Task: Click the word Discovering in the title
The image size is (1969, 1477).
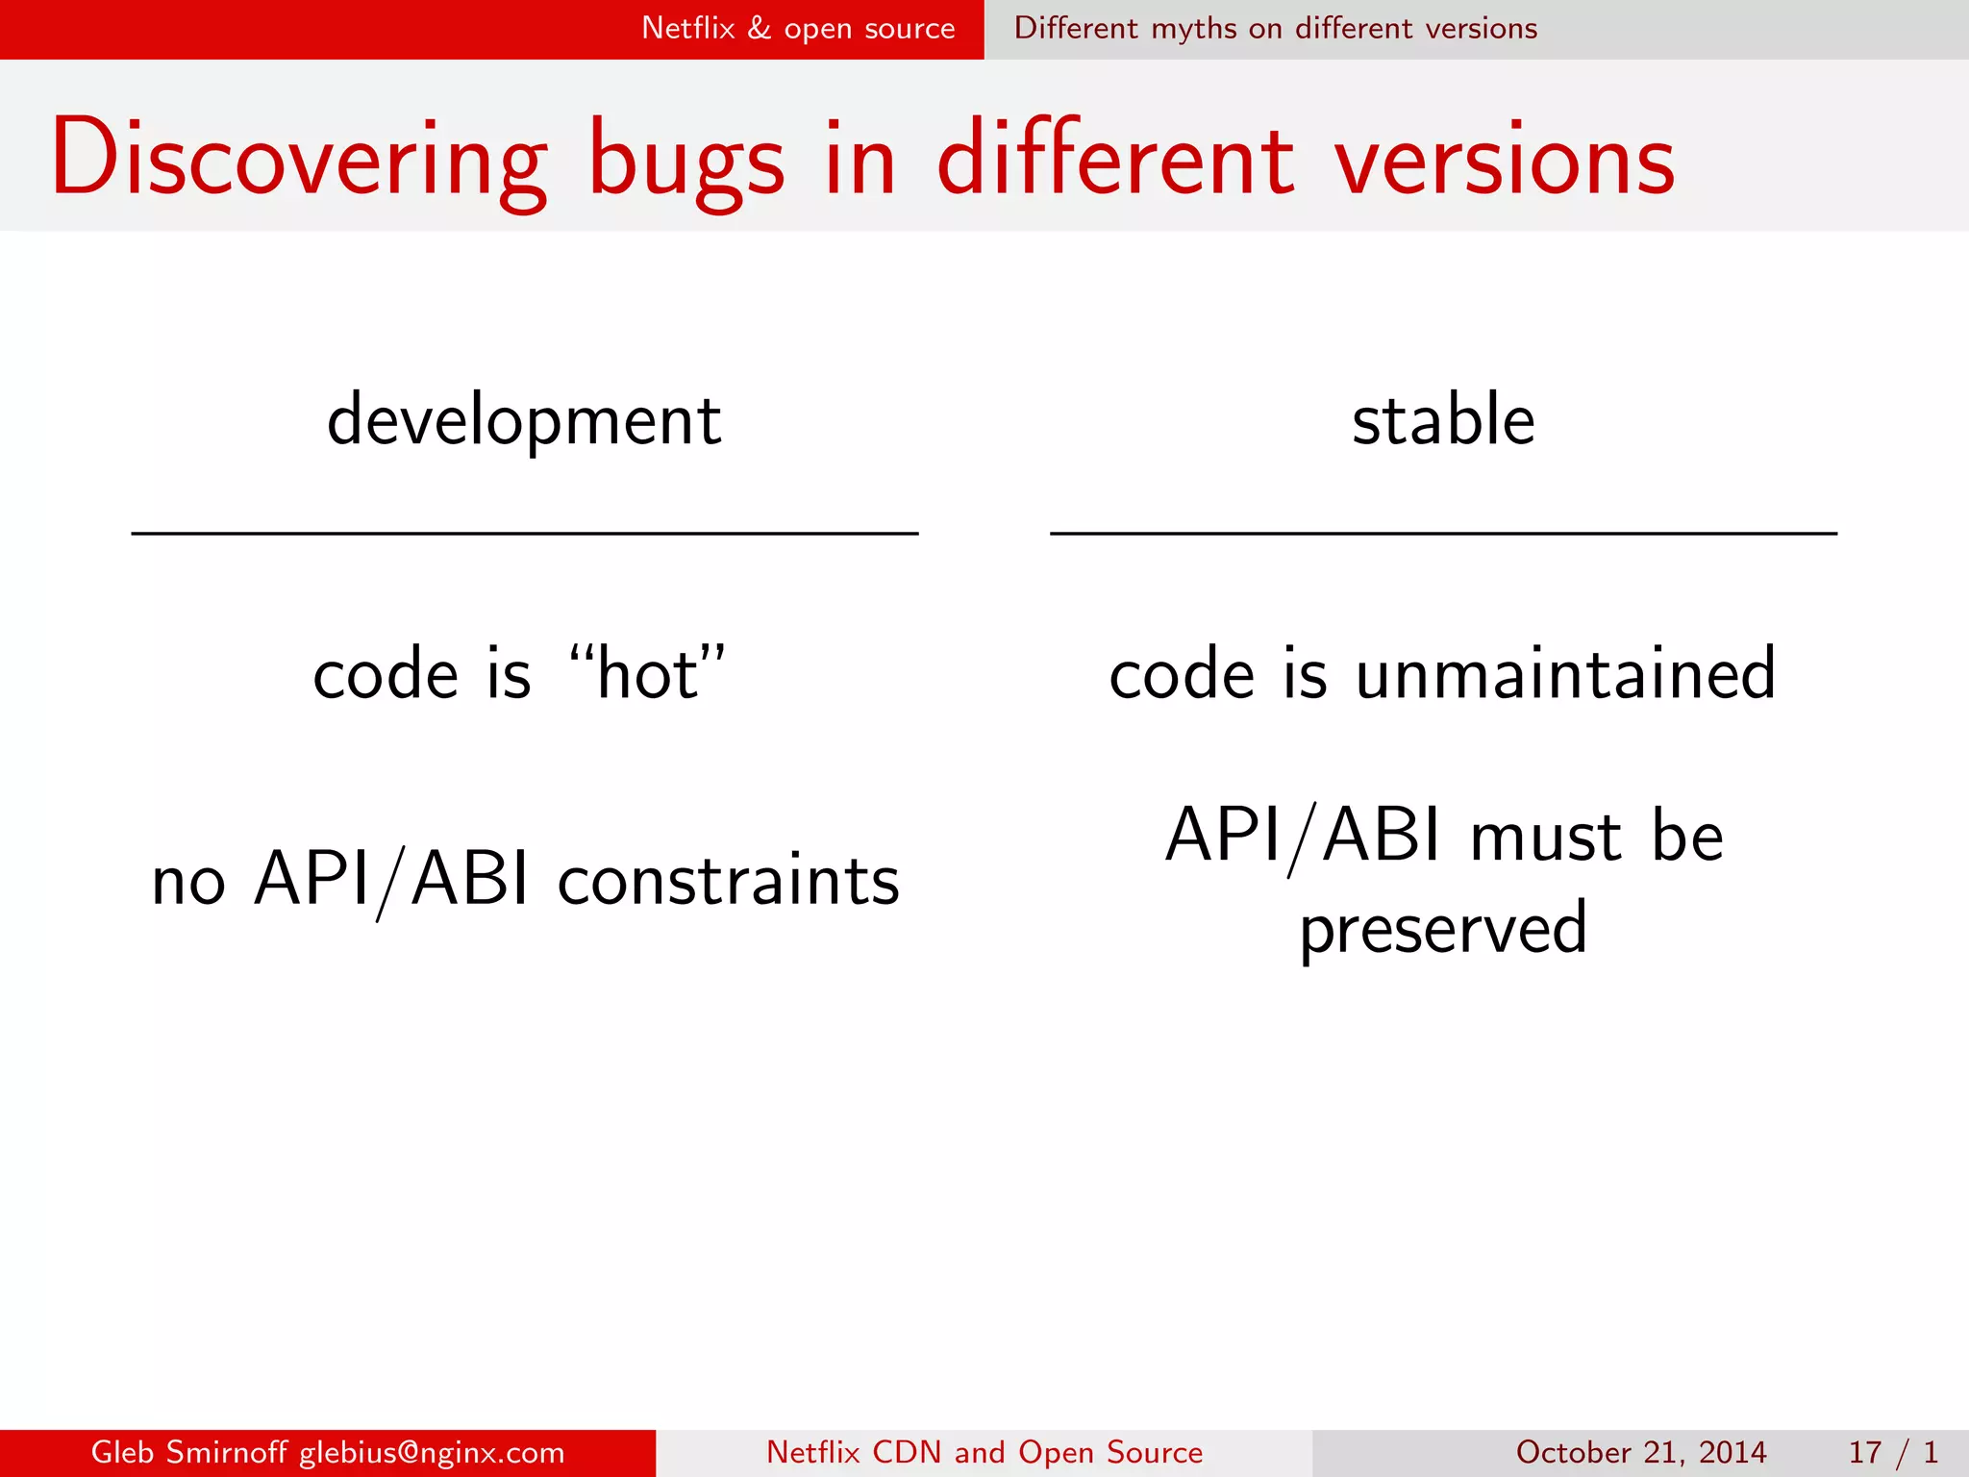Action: pyautogui.click(x=298, y=159)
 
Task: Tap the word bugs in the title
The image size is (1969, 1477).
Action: pyautogui.click(x=685, y=159)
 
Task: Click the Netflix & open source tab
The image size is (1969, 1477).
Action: pyautogui.click(x=798, y=28)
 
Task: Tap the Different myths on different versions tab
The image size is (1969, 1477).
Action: pyautogui.click(x=1275, y=28)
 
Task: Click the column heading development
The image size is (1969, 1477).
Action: pyautogui.click(x=524, y=420)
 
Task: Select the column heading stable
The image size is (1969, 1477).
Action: pyautogui.click(x=1443, y=420)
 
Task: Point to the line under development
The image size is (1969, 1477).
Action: pyautogui.click(x=524, y=533)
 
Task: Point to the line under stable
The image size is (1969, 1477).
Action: pyautogui.click(x=1443, y=533)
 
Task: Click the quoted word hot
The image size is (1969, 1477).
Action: pyautogui.click(x=647, y=673)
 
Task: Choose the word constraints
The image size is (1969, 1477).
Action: pyautogui.click(x=728, y=880)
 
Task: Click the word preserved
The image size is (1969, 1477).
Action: pyautogui.click(x=1443, y=928)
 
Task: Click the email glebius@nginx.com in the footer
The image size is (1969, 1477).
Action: pyautogui.click(x=432, y=1452)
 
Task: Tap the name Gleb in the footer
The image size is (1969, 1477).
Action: pyautogui.click(x=122, y=1452)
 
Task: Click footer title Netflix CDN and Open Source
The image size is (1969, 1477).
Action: pyautogui.click(x=984, y=1452)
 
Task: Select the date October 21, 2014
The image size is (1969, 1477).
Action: pyautogui.click(x=1640, y=1452)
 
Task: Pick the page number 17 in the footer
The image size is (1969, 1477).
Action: pyautogui.click(x=1864, y=1452)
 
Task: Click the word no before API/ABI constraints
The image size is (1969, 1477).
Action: pyautogui.click(x=188, y=880)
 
